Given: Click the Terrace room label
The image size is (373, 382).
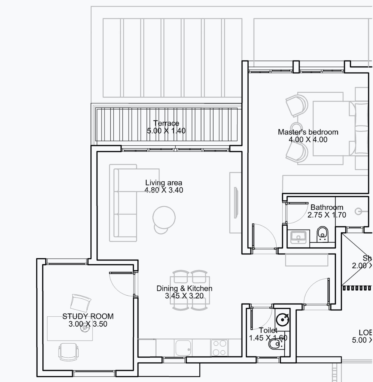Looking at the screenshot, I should pyautogui.click(x=166, y=123).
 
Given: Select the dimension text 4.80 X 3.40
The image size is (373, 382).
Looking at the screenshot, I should pyautogui.click(x=164, y=190).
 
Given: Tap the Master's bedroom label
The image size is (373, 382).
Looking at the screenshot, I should pyautogui.click(x=308, y=132).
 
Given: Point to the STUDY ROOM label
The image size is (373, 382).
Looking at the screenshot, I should pyautogui.click(x=88, y=316).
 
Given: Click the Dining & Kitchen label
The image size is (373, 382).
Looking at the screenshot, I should pyautogui.click(x=184, y=288).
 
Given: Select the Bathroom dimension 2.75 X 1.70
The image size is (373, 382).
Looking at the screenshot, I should pyautogui.click(x=326, y=215).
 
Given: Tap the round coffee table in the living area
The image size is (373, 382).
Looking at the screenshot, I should pyautogui.click(x=164, y=217).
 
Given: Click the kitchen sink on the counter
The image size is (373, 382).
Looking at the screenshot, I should pyautogui.click(x=183, y=347).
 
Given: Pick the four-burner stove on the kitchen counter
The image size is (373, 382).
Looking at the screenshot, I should pyautogui.click(x=219, y=347).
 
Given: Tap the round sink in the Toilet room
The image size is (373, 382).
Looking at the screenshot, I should pyautogui.click(x=282, y=319).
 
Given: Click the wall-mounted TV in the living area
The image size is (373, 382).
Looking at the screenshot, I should pyautogui.click(x=236, y=202).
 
